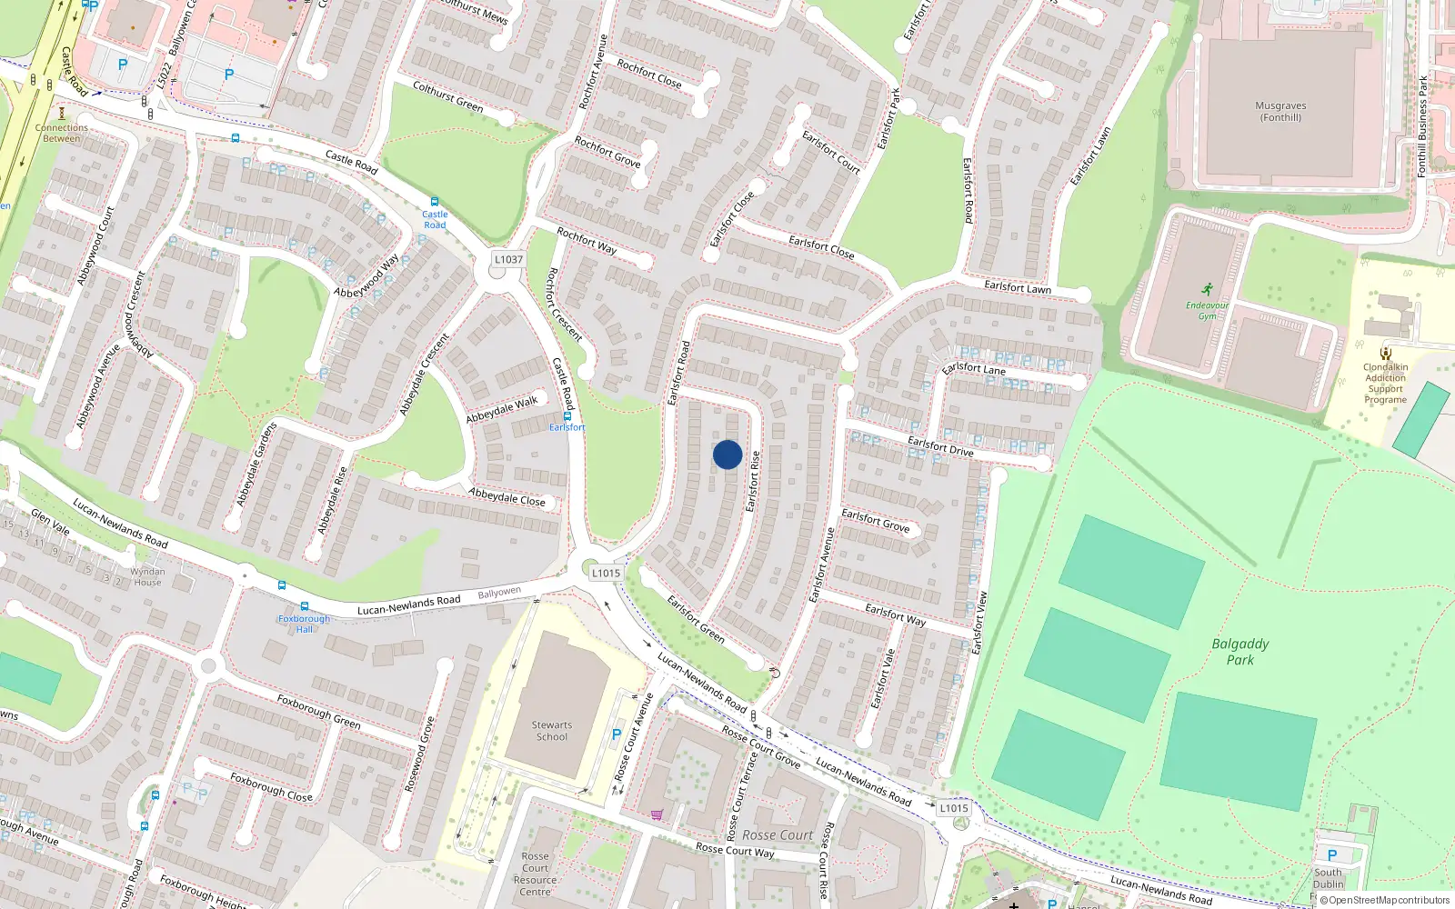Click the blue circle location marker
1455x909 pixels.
click(727, 454)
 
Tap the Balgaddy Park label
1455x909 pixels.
click(1239, 651)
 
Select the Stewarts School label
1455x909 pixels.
click(552, 731)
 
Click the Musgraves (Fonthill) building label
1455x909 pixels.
click(1280, 111)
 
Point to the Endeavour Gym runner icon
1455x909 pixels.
click(1207, 291)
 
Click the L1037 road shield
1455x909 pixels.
click(508, 259)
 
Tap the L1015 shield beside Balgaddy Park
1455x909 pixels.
click(954, 807)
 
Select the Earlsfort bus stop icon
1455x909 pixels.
click(567, 415)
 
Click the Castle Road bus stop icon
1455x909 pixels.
click(435, 202)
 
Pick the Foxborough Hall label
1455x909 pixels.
click(304, 624)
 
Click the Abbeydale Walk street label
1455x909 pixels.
click(502, 409)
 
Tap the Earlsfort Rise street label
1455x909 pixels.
click(752, 481)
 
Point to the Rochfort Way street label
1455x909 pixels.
click(587, 240)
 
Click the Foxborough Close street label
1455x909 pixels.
click(271, 787)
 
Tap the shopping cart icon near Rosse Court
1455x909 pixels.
click(657, 814)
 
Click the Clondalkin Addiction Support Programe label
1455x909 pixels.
click(1385, 383)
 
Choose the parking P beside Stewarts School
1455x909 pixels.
click(617, 734)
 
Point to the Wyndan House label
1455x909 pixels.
click(147, 576)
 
